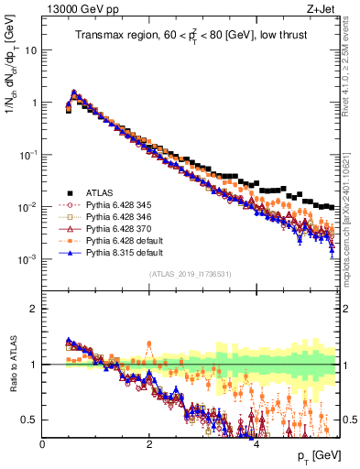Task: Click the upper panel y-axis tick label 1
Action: [35, 103]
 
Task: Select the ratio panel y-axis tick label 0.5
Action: [30, 420]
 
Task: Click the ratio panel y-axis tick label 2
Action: [35, 309]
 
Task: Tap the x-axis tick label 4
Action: [256, 444]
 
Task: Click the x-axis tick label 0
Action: [43, 444]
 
